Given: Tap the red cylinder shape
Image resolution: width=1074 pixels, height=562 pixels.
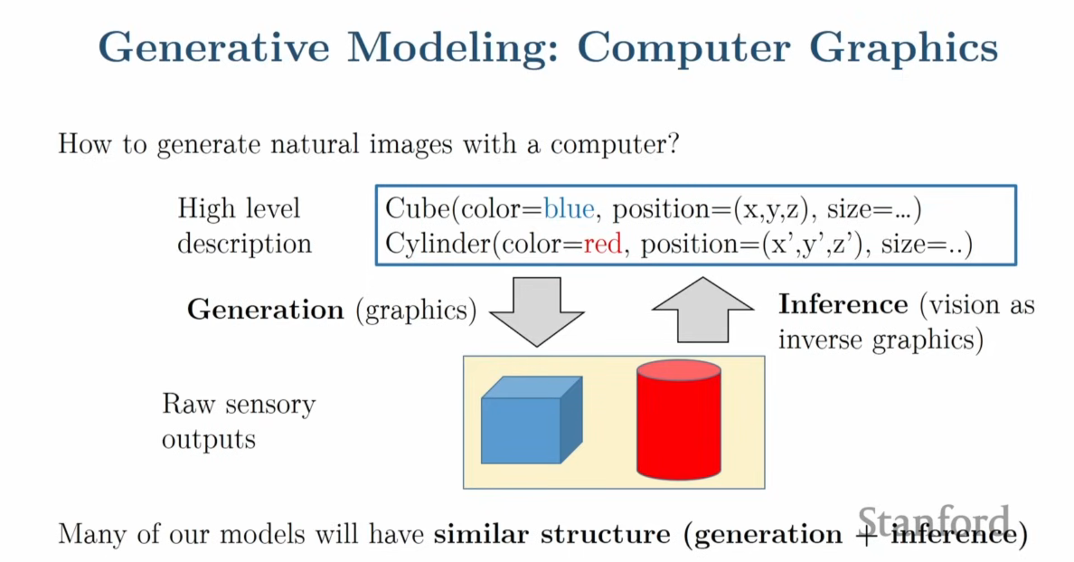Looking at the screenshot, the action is click(x=679, y=420).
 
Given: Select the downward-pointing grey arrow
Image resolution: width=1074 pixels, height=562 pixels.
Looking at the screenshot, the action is click(x=537, y=312).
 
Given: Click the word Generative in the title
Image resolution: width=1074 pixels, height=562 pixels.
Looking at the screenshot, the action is click(x=214, y=47).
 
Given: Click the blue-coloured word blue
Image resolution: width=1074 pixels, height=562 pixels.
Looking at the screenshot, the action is click(x=569, y=209).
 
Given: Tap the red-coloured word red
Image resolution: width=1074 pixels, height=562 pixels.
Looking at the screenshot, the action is click(x=603, y=244).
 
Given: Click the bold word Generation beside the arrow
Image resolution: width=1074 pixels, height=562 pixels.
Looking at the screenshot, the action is click(x=266, y=309).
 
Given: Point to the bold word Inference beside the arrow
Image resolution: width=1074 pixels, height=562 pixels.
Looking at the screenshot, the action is click(x=843, y=304).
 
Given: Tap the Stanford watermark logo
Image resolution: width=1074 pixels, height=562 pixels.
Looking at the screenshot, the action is click(x=933, y=522).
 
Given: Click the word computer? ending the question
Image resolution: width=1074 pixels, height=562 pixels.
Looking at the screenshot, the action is click(x=615, y=145).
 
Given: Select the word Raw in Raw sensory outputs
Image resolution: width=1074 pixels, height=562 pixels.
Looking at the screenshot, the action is click(x=188, y=404).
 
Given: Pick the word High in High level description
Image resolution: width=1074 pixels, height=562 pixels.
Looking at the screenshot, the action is click(x=207, y=209).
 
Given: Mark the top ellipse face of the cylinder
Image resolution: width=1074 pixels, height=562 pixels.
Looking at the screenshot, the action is click(x=679, y=370).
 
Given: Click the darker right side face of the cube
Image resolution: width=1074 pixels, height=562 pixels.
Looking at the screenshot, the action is click(x=571, y=420).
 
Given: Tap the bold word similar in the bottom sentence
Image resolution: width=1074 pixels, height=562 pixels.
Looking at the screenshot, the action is click(x=481, y=534).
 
